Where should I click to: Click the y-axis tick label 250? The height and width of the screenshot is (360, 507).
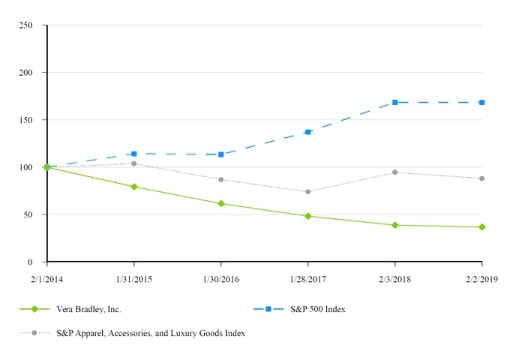pos(25,25)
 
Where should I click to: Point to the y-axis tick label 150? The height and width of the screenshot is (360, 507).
pos(25,120)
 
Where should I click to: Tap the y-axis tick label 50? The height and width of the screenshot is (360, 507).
pos(28,214)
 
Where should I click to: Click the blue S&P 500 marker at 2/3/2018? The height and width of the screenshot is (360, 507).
pos(395,103)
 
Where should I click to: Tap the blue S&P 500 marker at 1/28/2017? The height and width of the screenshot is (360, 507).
pos(308,132)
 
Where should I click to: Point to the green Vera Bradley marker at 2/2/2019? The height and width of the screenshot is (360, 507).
pos(481,227)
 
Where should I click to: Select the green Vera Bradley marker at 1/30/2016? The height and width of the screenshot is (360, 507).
pos(221,203)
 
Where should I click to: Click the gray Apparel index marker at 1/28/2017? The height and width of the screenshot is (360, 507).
pos(308,192)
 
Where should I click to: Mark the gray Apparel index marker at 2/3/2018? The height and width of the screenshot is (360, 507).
pos(395,172)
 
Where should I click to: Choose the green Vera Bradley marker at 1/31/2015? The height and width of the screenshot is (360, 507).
pos(134,187)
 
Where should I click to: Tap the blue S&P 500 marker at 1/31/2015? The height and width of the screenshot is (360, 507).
pos(134,154)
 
